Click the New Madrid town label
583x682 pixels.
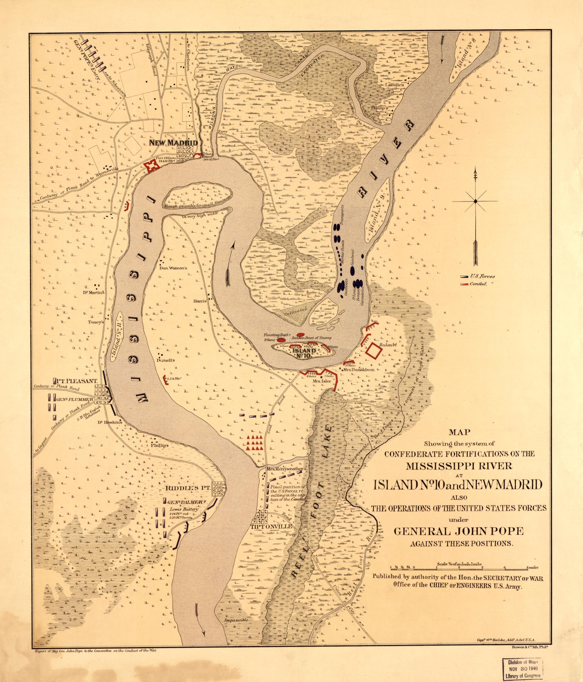tap(173, 143)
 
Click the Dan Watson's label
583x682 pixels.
tap(173, 268)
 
